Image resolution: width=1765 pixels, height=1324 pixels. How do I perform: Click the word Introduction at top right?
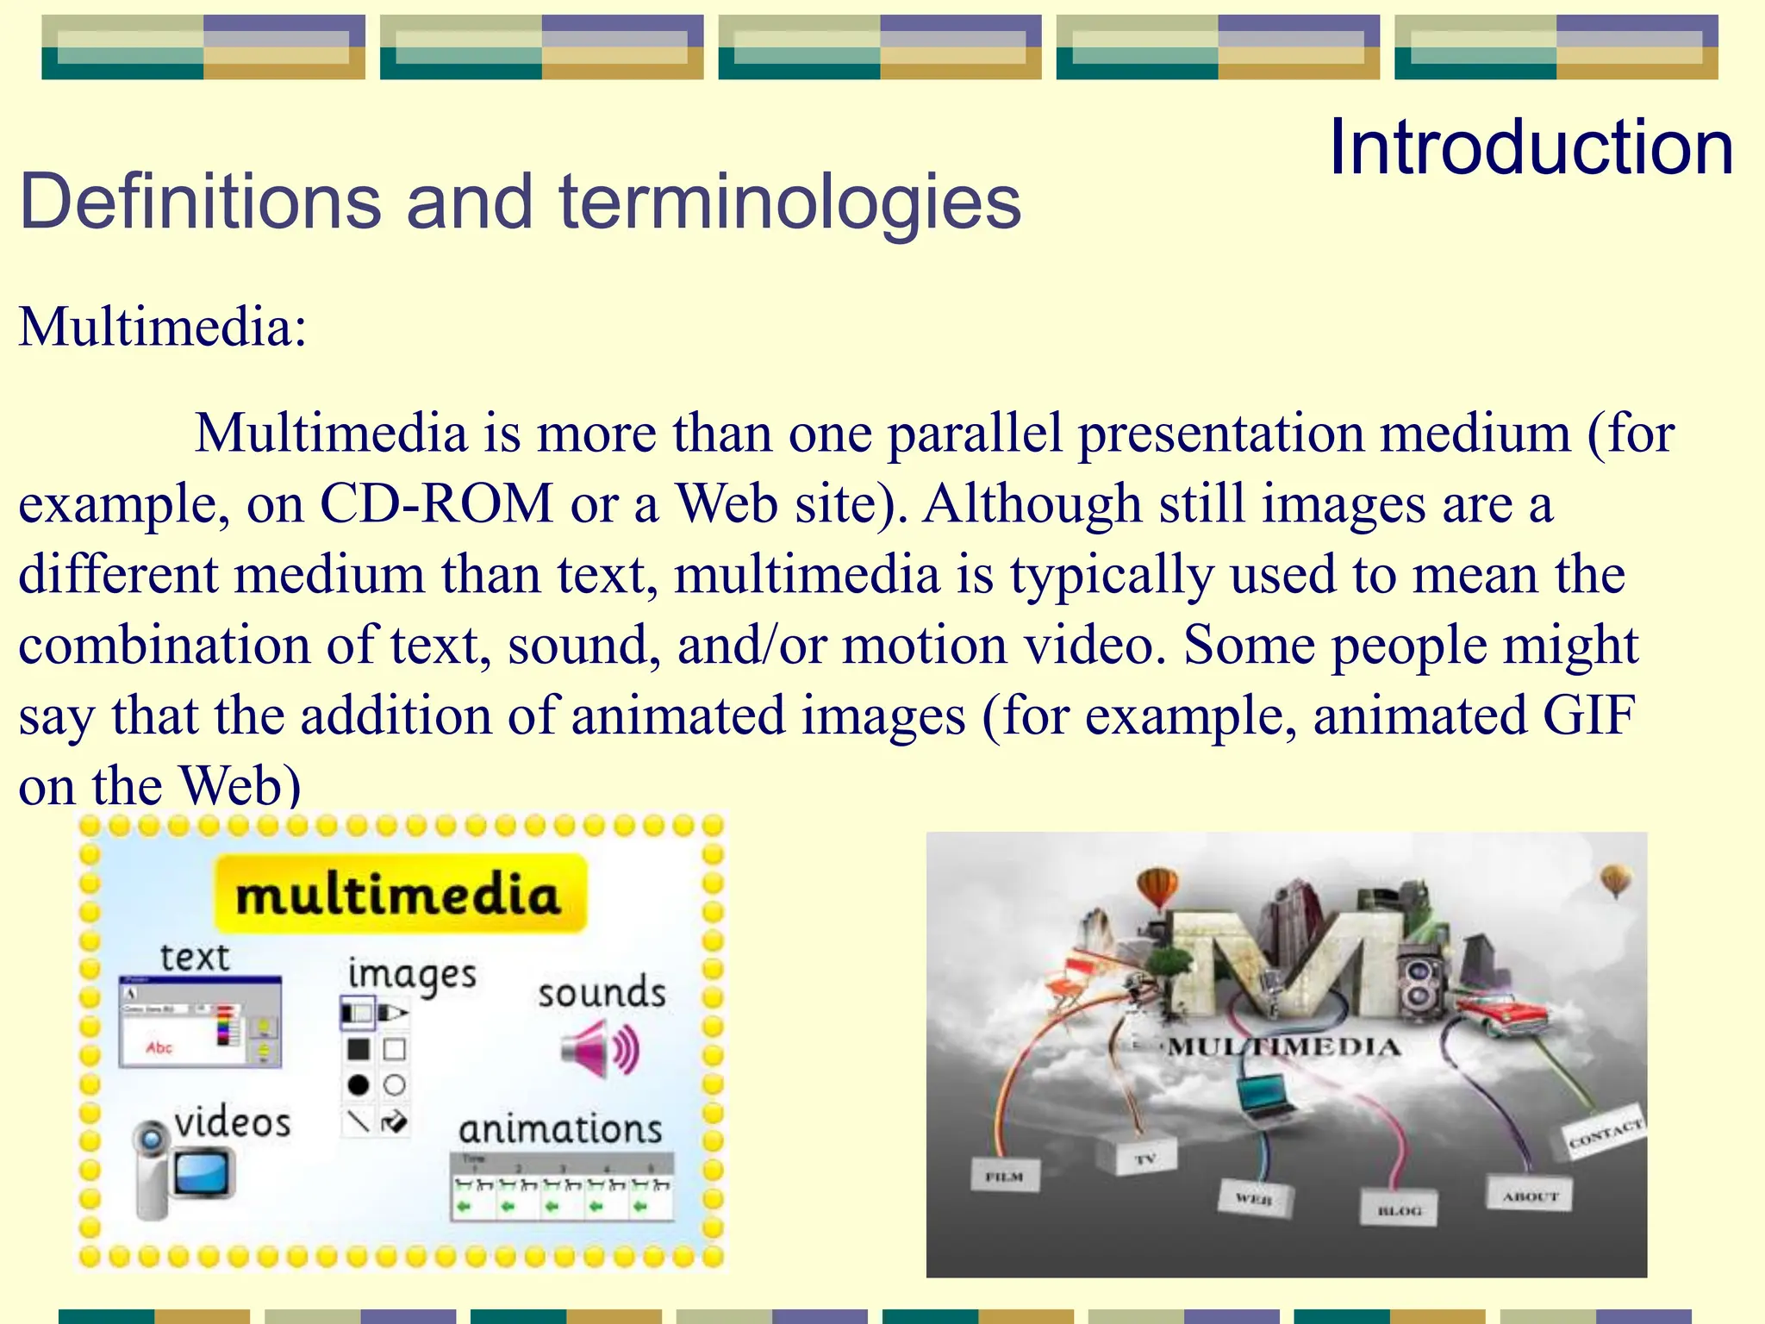(x=1531, y=148)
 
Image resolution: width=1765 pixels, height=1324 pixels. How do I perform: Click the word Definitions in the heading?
(x=200, y=202)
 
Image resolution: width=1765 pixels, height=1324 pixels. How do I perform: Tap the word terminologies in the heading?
(x=789, y=202)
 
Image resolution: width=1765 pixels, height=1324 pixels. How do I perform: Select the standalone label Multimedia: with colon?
(x=162, y=328)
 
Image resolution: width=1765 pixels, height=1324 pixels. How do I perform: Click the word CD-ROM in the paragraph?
(x=436, y=503)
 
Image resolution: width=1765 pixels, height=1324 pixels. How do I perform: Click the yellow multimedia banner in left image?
(x=400, y=894)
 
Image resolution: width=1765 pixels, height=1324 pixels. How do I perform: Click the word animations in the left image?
(x=560, y=1129)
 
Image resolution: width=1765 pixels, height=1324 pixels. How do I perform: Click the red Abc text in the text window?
(x=159, y=1048)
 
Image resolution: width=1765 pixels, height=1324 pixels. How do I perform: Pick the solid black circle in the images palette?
(x=359, y=1085)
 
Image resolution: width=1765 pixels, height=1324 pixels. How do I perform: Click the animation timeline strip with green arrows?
(x=561, y=1187)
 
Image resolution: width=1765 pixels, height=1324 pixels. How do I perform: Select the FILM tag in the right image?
(x=1004, y=1176)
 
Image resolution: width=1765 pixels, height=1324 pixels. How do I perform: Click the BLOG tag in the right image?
(x=1399, y=1209)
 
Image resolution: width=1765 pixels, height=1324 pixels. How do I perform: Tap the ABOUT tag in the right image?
(x=1530, y=1196)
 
